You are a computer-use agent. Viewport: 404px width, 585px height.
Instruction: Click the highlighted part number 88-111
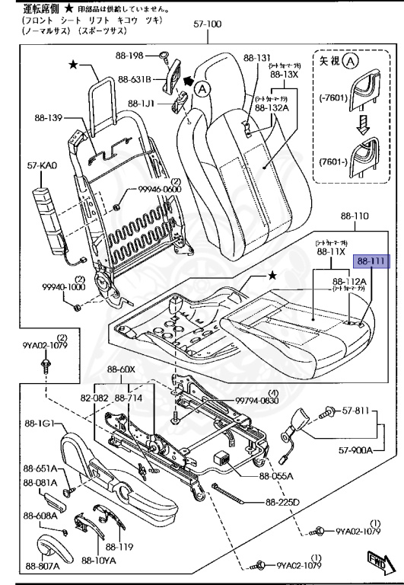tap(374, 261)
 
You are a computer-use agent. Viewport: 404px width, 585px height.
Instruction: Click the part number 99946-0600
tap(159, 189)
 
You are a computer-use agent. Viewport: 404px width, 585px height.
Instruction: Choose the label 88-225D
tap(285, 502)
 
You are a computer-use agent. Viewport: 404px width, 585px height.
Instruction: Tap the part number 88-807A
tap(43, 565)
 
